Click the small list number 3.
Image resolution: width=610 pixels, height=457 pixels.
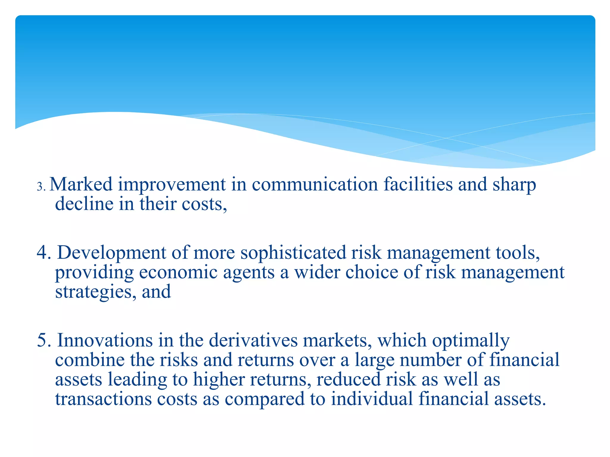pos(41,187)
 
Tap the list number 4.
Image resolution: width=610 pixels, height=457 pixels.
pos(44,253)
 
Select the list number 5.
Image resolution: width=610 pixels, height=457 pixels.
pos(44,340)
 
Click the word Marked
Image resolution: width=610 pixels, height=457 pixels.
pos(81,184)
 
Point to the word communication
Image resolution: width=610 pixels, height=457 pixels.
pos(315,184)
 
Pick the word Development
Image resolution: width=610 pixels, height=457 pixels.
pos(111,253)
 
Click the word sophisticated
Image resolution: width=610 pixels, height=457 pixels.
pos(293,253)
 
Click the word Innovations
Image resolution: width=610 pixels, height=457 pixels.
pos(105,340)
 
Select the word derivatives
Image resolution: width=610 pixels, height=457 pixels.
pos(253,340)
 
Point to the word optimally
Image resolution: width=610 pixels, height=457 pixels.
pos(471,341)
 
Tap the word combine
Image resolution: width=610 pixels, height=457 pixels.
pos(90,360)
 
